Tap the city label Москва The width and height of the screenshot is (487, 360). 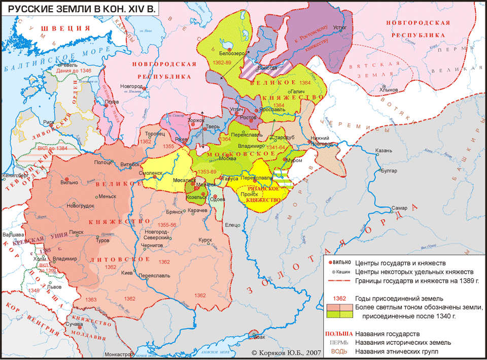pos(227,157)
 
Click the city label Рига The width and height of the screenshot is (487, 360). pos(34,122)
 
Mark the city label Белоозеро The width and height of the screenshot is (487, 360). pos(232,53)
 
